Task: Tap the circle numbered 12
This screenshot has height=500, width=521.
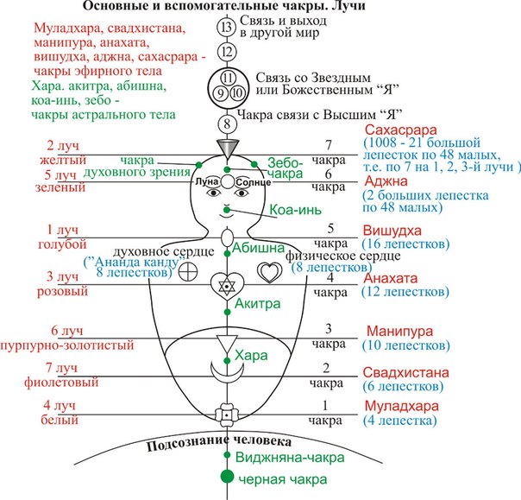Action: [x=227, y=53]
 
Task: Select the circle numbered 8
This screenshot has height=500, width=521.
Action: [x=227, y=123]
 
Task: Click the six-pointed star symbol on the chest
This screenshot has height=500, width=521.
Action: [x=227, y=285]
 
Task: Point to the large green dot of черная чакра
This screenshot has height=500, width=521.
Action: [x=227, y=476]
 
